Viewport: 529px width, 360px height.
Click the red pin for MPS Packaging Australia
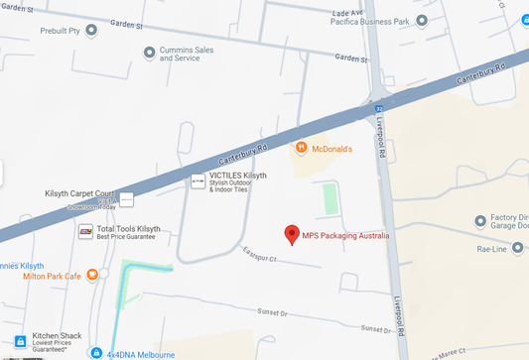[292, 234]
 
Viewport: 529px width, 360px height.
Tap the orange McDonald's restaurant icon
[301, 148]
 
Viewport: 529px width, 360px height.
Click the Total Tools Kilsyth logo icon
[85, 231]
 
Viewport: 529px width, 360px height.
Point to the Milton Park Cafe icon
[91, 275]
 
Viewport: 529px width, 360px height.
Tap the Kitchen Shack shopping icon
[20, 341]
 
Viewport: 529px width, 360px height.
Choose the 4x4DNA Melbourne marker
[95, 352]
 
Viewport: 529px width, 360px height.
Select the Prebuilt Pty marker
[92, 30]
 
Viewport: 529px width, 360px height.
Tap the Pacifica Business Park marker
[423, 20]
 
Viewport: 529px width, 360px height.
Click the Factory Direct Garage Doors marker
[480, 219]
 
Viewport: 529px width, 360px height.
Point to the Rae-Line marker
[480, 249]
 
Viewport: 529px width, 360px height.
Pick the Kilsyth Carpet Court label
[80, 193]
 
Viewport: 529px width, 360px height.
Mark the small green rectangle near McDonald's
[331, 199]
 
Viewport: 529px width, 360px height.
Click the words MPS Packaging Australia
[346, 235]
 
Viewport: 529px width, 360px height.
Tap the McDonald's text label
[331, 148]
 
